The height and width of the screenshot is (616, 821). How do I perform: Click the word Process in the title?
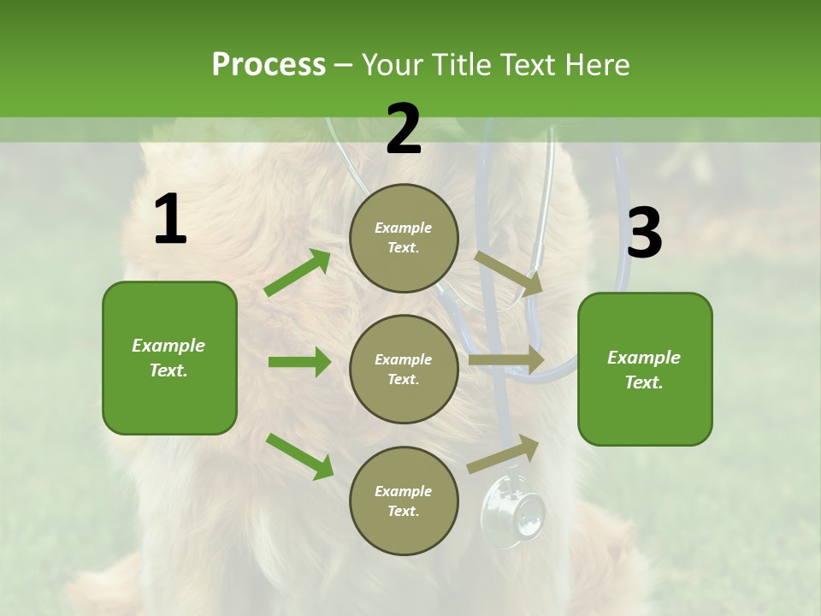(269, 65)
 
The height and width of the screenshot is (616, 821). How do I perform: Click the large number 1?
(170, 220)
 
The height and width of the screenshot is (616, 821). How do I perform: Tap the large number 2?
(404, 129)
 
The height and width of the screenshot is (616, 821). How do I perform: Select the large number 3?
(644, 233)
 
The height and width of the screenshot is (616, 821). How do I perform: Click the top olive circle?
(404, 238)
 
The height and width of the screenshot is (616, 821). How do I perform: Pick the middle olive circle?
(404, 370)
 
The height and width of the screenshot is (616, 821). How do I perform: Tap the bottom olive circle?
(404, 501)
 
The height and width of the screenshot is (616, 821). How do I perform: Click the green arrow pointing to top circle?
(298, 273)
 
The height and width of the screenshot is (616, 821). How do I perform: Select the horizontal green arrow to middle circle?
(299, 362)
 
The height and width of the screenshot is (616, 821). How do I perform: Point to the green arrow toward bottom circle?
(299, 456)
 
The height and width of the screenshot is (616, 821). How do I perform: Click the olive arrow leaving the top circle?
(509, 273)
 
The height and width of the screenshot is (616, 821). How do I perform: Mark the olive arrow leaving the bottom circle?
(504, 453)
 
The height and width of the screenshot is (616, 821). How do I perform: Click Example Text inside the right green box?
(644, 370)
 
